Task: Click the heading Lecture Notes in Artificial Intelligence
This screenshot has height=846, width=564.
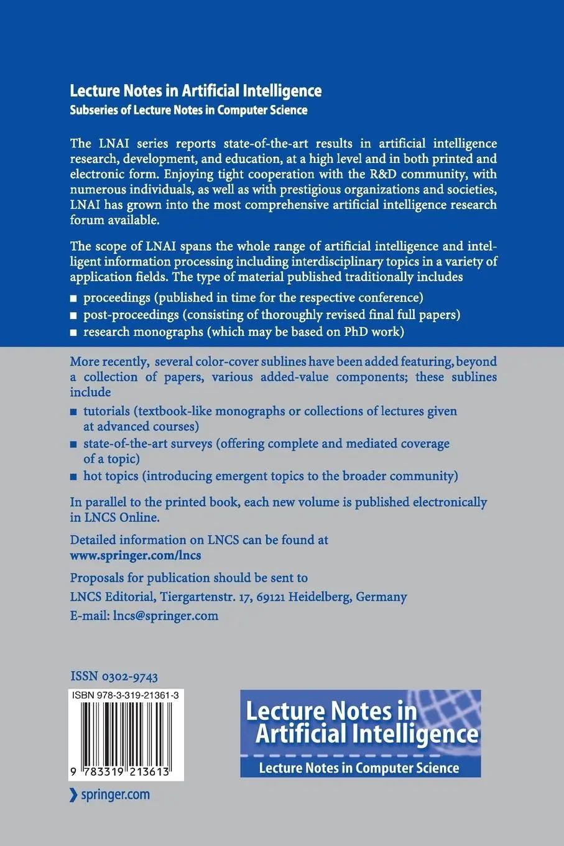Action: click(x=195, y=91)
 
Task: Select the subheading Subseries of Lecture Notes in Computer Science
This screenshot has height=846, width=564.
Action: click(x=188, y=110)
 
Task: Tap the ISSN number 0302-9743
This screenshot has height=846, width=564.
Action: click(x=114, y=676)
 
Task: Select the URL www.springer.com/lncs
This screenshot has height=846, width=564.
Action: click(x=136, y=555)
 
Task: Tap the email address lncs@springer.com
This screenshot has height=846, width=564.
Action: click(x=165, y=616)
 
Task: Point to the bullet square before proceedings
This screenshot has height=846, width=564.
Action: click(x=74, y=298)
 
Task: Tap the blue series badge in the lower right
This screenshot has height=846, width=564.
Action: click(x=360, y=733)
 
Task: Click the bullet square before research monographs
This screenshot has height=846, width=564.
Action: click(x=74, y=333)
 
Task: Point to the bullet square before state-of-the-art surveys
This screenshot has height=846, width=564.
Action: click(x=74, y=445)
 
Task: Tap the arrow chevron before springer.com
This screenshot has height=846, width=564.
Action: click(x=73, y=794)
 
